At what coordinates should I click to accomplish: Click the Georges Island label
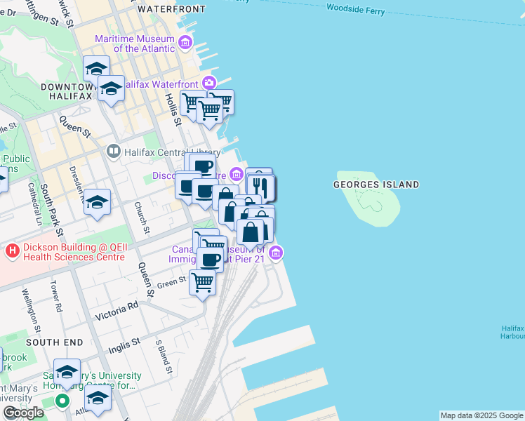click(376, 185)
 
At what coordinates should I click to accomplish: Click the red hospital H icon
click(11, 250)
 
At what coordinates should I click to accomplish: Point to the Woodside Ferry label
click(356, 8)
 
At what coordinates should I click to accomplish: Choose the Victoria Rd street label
click(113, 308)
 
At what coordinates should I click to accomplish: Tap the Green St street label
click(171, 283)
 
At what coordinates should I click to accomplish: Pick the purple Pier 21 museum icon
click(277, 253)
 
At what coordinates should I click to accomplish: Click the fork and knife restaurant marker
click(260, 186)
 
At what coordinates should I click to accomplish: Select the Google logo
click(23, 413)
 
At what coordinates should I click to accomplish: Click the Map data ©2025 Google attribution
click(481, 415)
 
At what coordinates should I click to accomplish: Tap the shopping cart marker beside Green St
click(203, 283)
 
